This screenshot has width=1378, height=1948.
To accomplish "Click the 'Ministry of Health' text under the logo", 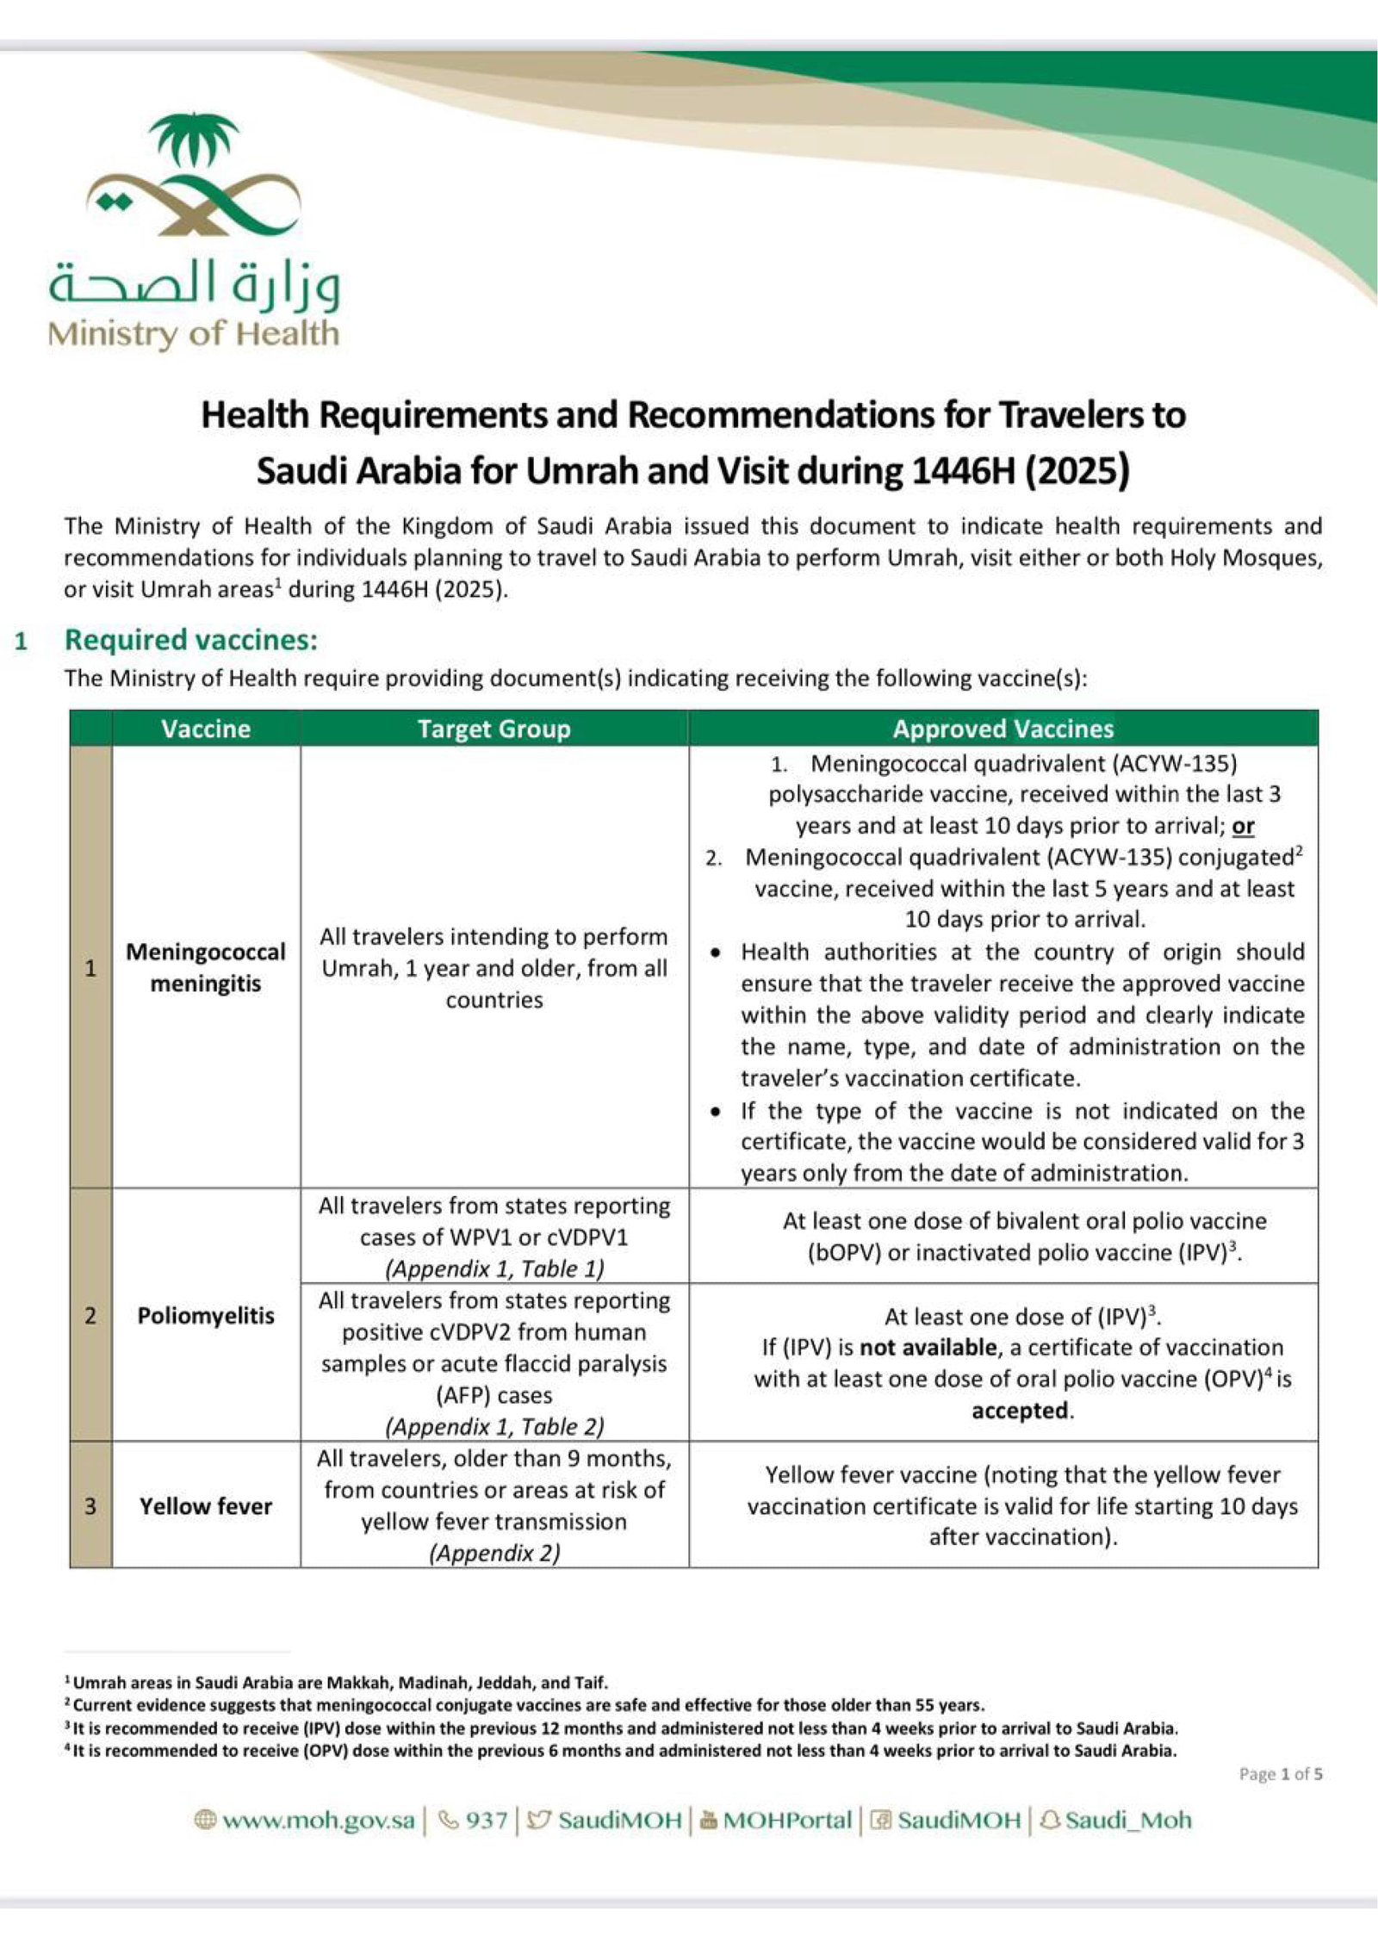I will [x=194, y=333].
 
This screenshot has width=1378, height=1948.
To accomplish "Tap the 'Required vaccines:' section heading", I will [x=191, y=639].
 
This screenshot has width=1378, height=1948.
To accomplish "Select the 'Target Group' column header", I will [x=493, y=729].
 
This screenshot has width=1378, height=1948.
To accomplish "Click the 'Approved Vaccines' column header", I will [x=1002, y=729].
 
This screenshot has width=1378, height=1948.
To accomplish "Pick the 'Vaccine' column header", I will [x=206, y=729].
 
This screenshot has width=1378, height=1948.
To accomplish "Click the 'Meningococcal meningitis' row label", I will [x=206, y=967].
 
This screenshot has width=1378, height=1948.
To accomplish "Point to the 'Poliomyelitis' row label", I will [x=206, y=1315].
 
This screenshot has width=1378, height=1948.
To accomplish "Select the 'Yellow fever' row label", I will [x=206, y=1505].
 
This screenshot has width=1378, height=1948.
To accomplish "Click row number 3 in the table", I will [x=90, y=1505].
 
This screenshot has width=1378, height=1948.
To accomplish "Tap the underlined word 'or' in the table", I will [x=1243, y=826].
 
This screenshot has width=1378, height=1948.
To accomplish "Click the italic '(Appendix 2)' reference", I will [x=494, y=1553].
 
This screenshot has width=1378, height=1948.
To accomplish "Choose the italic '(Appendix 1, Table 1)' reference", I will [x=494, y=1269].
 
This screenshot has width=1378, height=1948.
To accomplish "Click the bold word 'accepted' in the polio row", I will [x=1020, y=1410].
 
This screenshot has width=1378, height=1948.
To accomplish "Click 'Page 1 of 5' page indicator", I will [x=1280, y=1773].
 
